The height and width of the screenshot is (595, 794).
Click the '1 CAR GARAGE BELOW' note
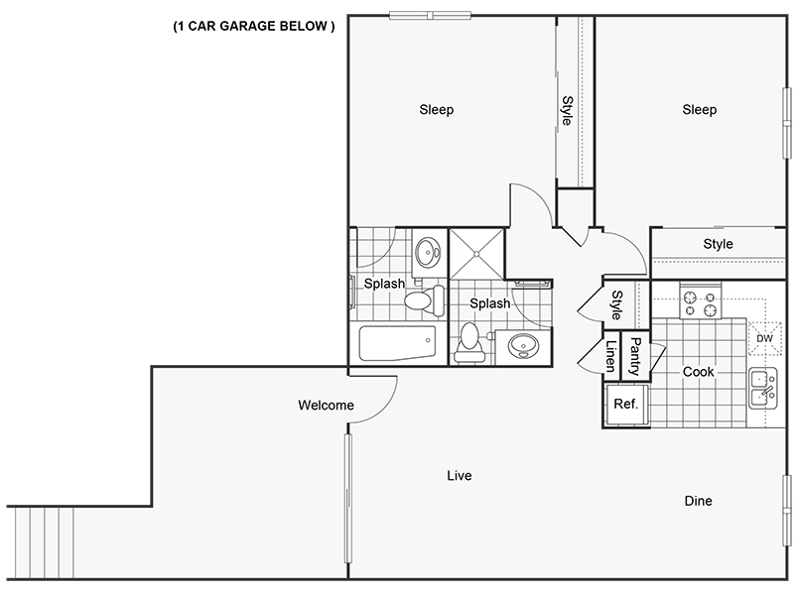pos(254,27)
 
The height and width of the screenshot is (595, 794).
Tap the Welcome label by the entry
pos(326,405)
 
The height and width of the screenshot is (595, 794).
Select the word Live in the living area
pos(460,476)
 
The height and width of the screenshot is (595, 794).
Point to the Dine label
pos(699,501)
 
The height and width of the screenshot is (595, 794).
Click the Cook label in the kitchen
pos(699,372)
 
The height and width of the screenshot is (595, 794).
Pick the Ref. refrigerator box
pos(626,405)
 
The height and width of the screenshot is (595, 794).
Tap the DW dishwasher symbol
pos(764,338)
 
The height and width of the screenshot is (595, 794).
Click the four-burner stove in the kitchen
pos(701,300)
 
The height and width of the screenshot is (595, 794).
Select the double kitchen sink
pos(763,388)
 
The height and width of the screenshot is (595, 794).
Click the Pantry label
pos(635,357)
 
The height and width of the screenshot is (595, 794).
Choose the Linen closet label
pos(611,356)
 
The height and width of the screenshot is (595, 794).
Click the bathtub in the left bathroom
pos(397,343)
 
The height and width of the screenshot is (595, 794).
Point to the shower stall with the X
pos(477,254)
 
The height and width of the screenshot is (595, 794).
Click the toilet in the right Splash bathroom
pos(469,342)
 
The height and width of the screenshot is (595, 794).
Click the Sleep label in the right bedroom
pos(700,110)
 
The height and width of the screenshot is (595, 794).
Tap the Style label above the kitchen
pos(718,244)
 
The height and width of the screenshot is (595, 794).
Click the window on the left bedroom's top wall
pos(430,16)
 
